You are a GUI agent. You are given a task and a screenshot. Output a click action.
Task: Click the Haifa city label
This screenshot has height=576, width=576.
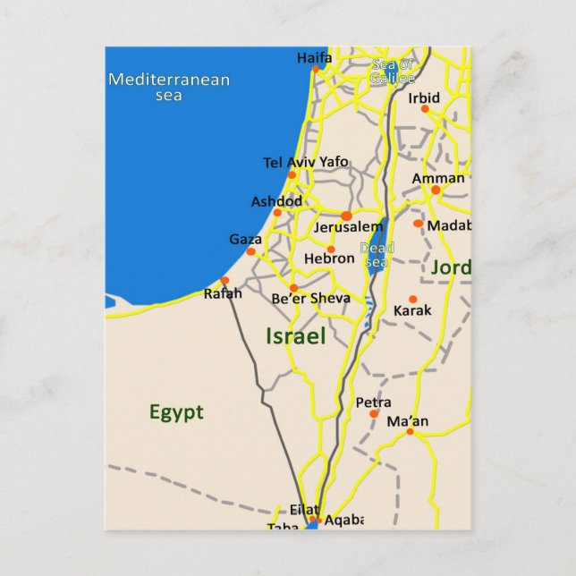pyautogui.click(x=314, y=58)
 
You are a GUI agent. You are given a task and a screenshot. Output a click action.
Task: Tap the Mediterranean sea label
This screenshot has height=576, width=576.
pyautogui.click(x=169, y=86)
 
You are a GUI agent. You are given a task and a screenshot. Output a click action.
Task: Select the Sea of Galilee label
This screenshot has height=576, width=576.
pyautogui.click(x=393, y=71)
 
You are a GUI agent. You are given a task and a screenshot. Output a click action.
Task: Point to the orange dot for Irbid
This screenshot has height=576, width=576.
pyautogui.click(x=425, y=109)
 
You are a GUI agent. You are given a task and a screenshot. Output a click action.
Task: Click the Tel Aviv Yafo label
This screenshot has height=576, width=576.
pyautogui.click(x=305, y=162)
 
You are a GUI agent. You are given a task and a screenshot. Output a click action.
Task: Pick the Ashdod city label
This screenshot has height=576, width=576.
pyautogui.click(x=275, y=201)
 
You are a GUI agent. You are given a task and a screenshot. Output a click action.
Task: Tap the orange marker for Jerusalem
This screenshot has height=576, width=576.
pyautogui.click(x=346, y=216)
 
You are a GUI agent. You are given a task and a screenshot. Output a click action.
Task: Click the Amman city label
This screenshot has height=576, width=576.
pyautogui.click(x=438, y=178)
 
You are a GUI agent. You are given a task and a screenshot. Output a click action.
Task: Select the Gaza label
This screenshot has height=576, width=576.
pyautogui.click(x=245, y=239)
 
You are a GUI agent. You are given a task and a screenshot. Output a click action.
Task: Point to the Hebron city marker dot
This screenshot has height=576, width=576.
pyautogui.click(x=331, y=250)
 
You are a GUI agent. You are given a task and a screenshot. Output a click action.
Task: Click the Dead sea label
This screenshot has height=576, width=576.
pyautogui.click(x=376, y=255)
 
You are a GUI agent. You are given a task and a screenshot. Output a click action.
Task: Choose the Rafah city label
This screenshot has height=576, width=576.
pyautogui.click(x=223, y=292)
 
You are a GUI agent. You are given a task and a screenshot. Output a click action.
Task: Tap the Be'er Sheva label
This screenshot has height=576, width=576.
pyautogui.click(x=310, y=298)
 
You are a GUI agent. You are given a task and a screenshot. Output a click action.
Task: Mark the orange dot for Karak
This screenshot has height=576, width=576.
pyautogui.click(x=412, y=300)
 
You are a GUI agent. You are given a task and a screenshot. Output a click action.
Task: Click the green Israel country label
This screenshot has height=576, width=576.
pyautogui.click(x=295, y=336)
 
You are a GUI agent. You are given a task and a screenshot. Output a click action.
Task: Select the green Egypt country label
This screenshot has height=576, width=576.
pyautogui.click(x=176, y=412)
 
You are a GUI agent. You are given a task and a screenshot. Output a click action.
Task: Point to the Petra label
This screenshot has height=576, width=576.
pyautogui.click(x=373, y=402)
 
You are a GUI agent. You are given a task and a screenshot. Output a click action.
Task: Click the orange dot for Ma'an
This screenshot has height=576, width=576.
pyautogui.click(x=410, y=432)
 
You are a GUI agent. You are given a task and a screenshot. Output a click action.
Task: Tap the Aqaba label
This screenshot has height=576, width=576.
pyautogui.click(x=344, y=519)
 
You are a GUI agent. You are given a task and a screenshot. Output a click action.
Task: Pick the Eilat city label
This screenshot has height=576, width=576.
pyautogui.click(x=304, y=509)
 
